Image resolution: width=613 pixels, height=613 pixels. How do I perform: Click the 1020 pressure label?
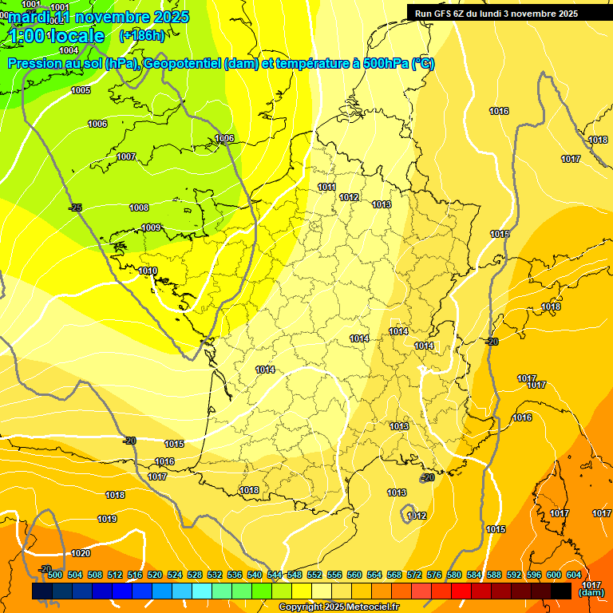(81, 553)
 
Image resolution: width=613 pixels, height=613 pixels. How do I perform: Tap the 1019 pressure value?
(107, 519)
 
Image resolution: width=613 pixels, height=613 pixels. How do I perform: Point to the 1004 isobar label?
(69, 50)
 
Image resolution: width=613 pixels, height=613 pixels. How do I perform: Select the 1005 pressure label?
(81, 90)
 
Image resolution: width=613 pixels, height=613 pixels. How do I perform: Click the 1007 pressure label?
(126, 156)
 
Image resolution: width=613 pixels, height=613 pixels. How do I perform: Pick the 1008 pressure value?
(139, 208)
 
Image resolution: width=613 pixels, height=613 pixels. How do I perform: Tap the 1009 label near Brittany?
(151, 227)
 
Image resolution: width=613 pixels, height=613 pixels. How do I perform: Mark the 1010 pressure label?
(148, 271)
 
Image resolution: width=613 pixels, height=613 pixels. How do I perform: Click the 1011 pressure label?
(326, 187)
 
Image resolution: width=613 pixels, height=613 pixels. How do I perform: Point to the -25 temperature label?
(75, 208)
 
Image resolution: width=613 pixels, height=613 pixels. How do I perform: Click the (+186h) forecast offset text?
(142, 35)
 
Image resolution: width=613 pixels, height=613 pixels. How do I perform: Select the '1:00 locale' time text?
(58, 36)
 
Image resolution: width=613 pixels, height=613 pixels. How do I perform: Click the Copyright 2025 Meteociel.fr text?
(338, 607)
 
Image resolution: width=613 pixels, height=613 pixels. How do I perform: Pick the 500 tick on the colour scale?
(55, 575)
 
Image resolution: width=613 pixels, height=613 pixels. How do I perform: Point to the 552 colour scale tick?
(314, 575)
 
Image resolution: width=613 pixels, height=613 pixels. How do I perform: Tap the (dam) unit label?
(591, 592)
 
